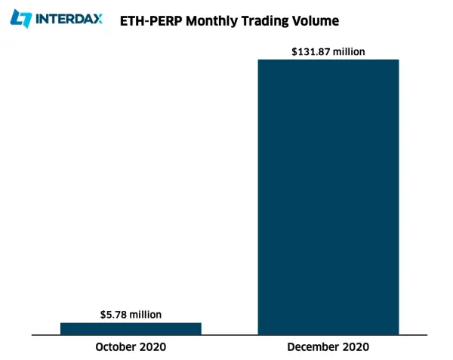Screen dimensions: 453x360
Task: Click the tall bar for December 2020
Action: pos(328,197)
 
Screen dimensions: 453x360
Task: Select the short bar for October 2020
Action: pos(131,329)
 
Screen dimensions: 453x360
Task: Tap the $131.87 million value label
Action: pos(328,51)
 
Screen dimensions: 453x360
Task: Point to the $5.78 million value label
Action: pos(131,315)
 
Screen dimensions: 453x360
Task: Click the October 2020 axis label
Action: pos(131,346)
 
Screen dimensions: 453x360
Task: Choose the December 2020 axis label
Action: pos(328,346)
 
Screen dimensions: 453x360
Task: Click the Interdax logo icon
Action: pos(20,19)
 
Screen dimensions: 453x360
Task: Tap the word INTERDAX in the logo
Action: pos(69,19)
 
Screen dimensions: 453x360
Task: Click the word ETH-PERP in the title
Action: pos(151,21)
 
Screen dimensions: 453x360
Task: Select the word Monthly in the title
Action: pos(211,22)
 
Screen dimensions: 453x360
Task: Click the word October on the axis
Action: pos(115,346)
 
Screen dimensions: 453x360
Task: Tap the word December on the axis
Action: pos(310,346)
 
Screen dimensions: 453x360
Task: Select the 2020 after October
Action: pos(152,346)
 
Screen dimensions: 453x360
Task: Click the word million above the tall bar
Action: pos(349,51)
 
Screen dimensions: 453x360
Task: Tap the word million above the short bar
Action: pos(146,315)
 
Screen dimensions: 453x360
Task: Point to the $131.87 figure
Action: pos(311,51)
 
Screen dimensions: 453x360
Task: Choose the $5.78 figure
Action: pos(113,315)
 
